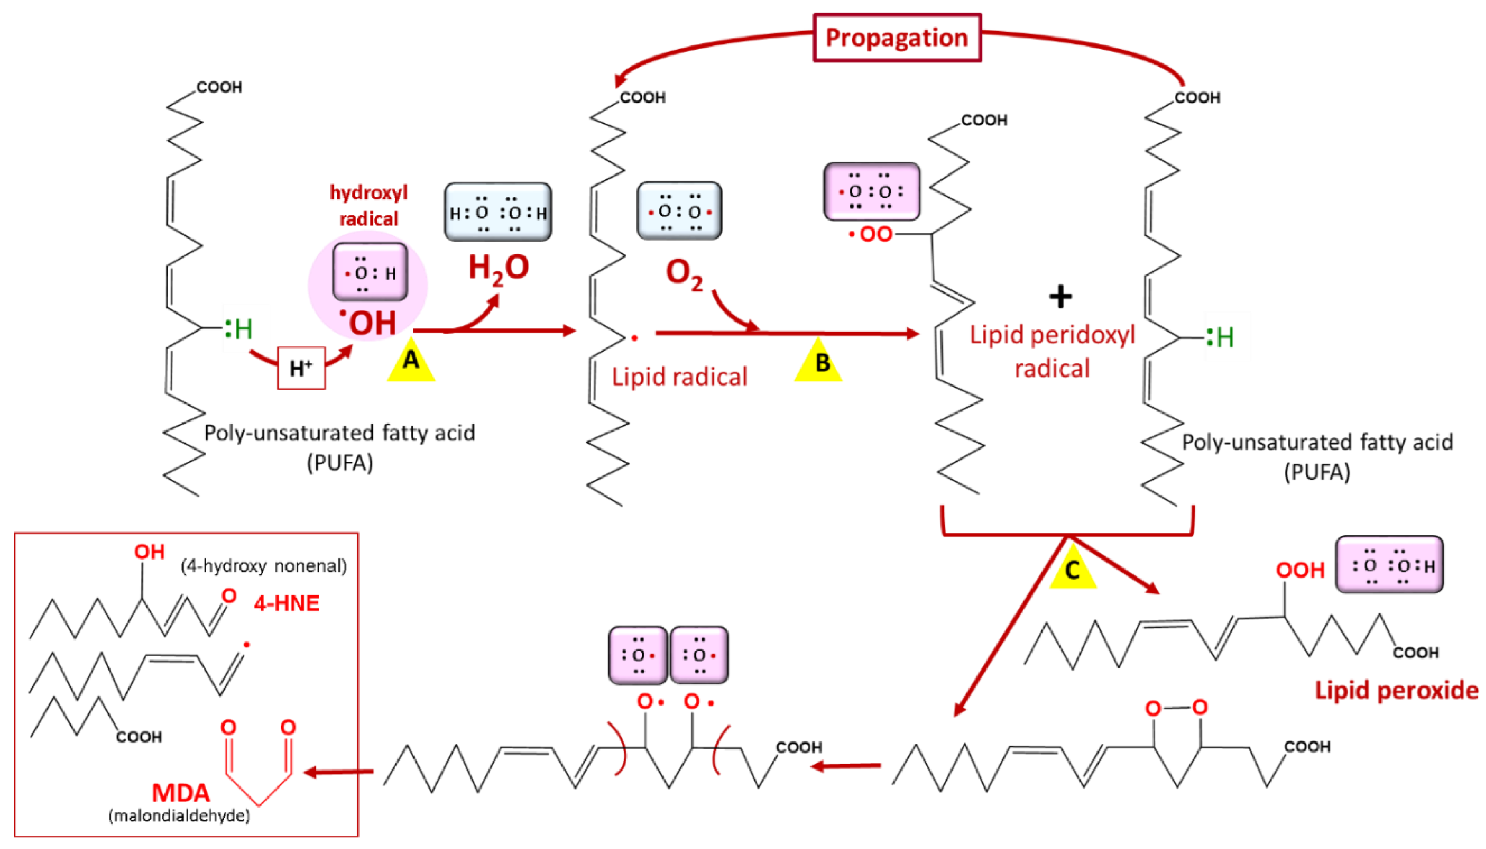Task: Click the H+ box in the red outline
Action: (x=301, y=368)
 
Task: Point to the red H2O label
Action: (x=499, y=269)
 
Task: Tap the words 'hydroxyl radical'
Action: (x=369, y=205)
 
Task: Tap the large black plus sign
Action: (x=1060, y=297)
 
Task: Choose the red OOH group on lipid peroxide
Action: (x=1300, y=570)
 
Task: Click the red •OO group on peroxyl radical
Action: (x=871, y=234)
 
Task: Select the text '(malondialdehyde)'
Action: (x=179, y=815)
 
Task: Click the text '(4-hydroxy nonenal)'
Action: (x=264, y=565)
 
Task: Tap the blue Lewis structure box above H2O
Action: (x=498, y=212)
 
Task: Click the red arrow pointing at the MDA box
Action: (x=338, y=772)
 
